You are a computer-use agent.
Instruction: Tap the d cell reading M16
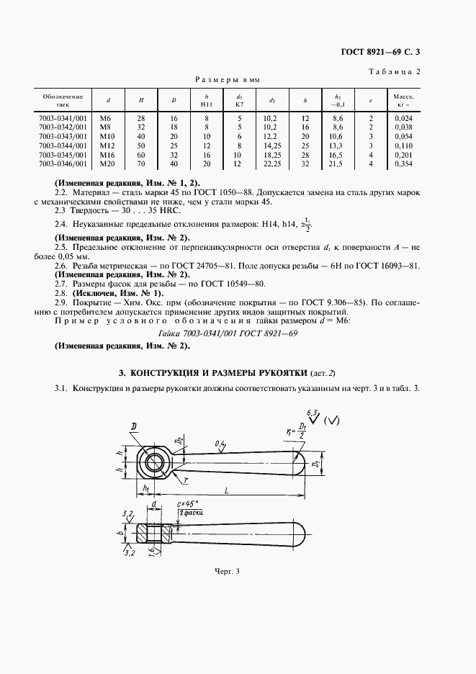tap(108, 155)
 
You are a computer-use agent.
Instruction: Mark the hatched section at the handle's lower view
tap(153, 534)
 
